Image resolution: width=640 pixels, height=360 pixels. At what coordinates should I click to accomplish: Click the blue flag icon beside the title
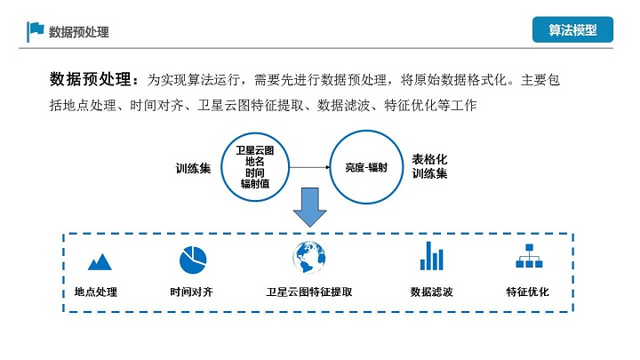pyautogui.click(x=36, y=30)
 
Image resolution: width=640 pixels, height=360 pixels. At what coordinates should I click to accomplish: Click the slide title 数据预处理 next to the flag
pyautogui.click(x=79, y=32)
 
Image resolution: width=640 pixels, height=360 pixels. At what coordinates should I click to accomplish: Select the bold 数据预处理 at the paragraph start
pyautogui.click(x=91, y=79)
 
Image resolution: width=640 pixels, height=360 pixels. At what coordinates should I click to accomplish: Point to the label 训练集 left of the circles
pyautogui.click(x=193, y=167)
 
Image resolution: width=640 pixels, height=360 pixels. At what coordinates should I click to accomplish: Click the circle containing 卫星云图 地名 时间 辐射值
pyautogui.click(x=254, y=165)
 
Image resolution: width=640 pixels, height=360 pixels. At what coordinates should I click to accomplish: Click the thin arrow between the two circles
pyautogui.click(x=308, y=166)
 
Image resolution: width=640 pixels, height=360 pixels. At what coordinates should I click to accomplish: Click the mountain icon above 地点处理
pyautogui.click(x=100, y=260)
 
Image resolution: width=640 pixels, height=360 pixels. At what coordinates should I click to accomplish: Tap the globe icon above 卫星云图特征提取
pyautogui.click(x=308, y=257)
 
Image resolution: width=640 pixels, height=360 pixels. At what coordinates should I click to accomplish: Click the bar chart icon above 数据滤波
pyautogui.click(x=432, y=256)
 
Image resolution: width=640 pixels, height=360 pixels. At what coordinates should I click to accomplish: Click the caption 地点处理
pyautogui.click(x=96, y=292)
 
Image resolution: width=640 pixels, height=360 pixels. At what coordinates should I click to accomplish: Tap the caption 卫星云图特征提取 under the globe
pyautogui.click(x=308, y=292)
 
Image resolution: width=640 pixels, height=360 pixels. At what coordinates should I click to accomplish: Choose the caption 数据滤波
pyautogui.click(x=432, y=292)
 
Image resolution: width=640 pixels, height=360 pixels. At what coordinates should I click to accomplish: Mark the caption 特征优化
pyautogui.click(x=528, y=292)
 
